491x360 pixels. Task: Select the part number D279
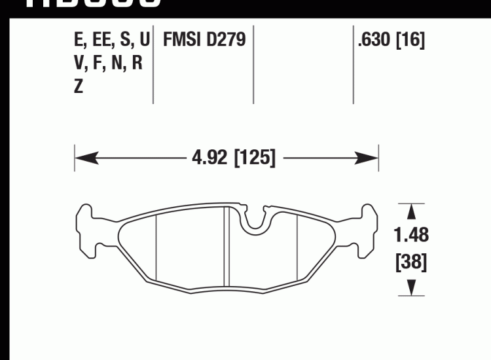[227, 41]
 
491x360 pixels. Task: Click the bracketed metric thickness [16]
[410, 41]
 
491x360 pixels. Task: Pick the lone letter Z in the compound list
[79, 87]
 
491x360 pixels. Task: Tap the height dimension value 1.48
[411, 234]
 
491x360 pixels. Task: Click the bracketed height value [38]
[411, 262]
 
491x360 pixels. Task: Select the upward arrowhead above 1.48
[411, 211]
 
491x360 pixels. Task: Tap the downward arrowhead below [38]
[411, 287]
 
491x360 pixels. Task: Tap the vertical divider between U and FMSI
[153, 65]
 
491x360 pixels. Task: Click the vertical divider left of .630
[354, 65]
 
